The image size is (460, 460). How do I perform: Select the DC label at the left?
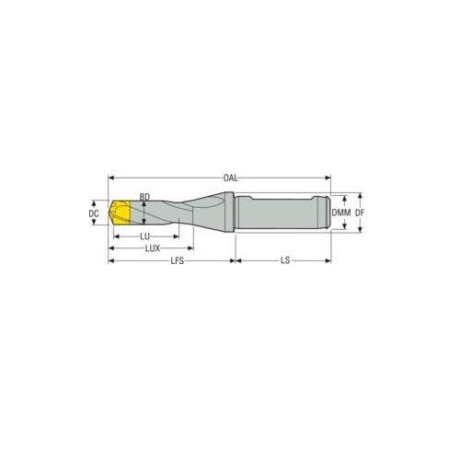[93, 213]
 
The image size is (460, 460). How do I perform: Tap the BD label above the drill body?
[144, 197]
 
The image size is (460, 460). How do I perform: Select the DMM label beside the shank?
[341, 213]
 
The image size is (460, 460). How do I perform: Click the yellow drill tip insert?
[120, 213]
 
